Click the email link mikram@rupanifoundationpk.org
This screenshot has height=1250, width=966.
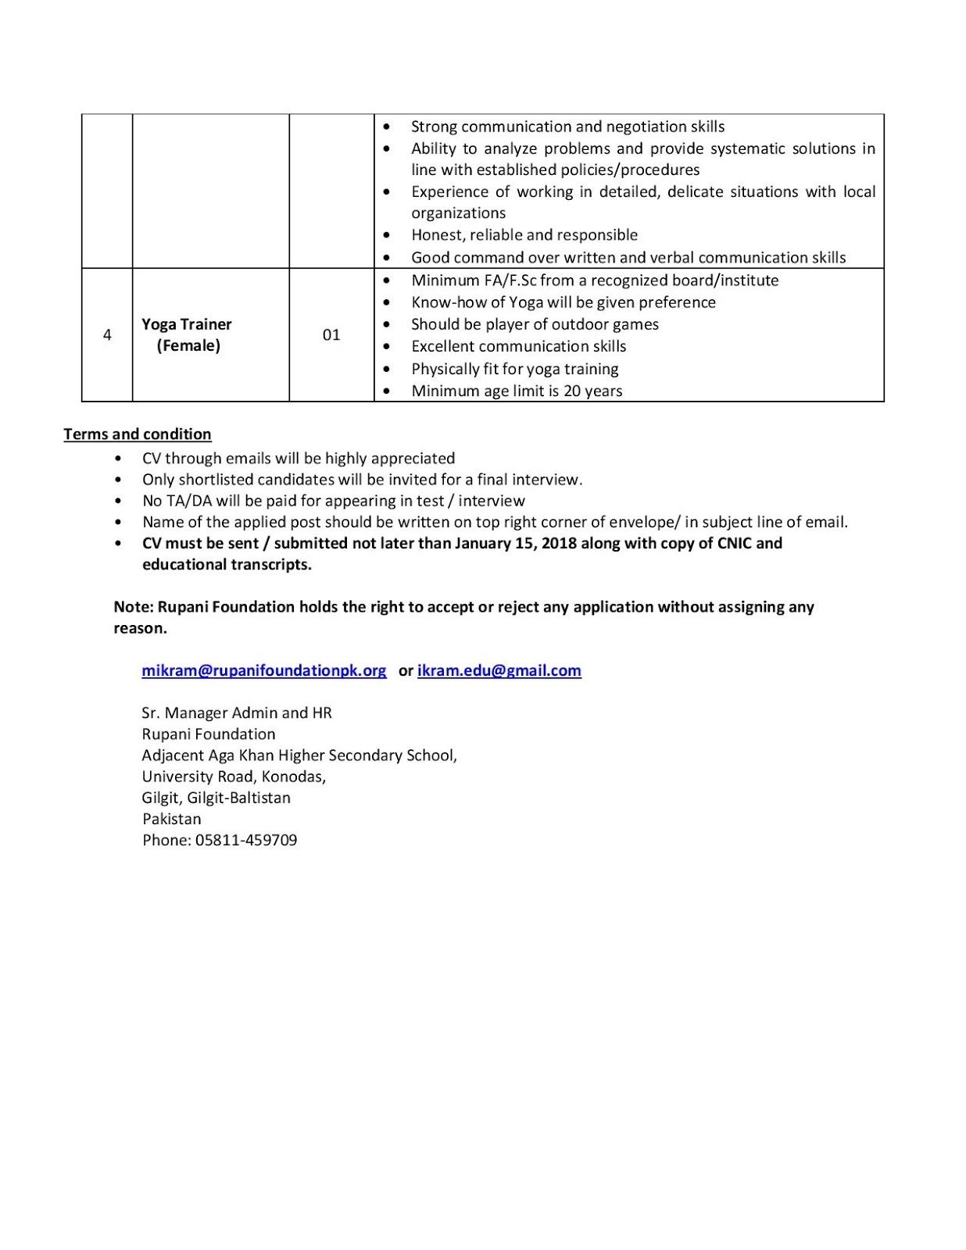pyautogui.click(x=263, y=670)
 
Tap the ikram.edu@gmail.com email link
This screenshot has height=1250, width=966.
pyautogui.click(x=499, y=670)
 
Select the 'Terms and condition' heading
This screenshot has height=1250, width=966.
pyautogui.click(x=138, y=434)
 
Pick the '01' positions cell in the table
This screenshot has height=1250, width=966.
pyautogui.click(x=331, y=335)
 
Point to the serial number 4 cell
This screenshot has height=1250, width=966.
pyautogui.click(x=107, y=335)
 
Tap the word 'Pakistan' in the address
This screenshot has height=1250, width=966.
pyautogui.click(x=172, y=819)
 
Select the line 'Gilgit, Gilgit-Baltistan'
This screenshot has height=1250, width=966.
pyautogui.click(x=216, y=798)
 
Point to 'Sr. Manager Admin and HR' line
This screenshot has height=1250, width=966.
pyautogui.click(x=237, y=712)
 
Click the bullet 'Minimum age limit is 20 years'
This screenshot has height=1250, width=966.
pyautogui.click(x=517, y=391)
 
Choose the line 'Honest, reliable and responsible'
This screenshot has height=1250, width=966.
pyautogui.click(x=524, y=235)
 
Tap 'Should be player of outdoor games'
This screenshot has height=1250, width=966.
pyautogui.click(x=535, y=324)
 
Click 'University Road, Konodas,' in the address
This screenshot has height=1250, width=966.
pyautogui.click(x=234, y=777)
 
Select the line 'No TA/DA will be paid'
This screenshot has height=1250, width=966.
pyautogui.click(x=334, y=501)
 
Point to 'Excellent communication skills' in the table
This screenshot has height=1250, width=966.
pyautogui.click(x=519, y=346)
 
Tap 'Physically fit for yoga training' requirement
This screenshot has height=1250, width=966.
pyautogui.click(x=515, y=369)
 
